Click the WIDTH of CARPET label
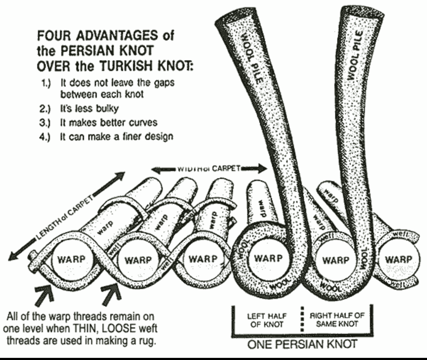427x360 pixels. pos(209,168)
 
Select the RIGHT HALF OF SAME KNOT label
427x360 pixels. pos(337,319)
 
